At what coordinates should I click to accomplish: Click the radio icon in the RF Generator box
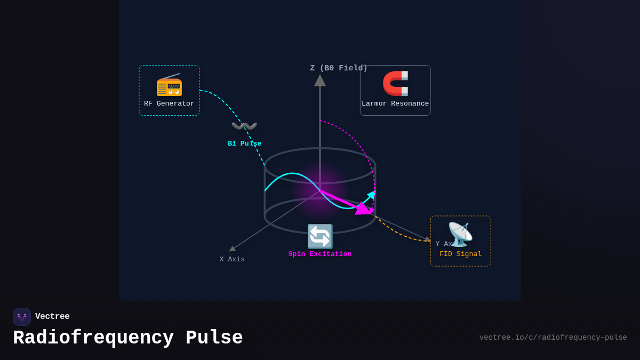point(169,85)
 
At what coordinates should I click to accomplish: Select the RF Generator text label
point(169,103)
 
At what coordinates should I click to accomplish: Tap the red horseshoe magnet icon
point(395,83)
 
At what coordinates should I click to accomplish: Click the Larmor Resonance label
point(395,103)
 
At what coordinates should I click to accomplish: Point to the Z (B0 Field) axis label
point(339,68)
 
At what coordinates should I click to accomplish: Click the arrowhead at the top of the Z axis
point(320,81)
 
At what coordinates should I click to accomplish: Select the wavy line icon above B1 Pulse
point(244,126)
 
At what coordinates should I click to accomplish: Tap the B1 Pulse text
point(244,143)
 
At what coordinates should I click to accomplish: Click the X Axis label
point(232,259)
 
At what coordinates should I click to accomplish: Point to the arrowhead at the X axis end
point(232,249)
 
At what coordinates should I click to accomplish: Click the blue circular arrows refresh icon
point(320,236)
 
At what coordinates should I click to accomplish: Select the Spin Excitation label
point(320,254)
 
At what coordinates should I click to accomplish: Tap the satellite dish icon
point(460,234)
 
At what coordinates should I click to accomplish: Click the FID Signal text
point(460,254)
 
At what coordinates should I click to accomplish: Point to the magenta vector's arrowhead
point(363,209)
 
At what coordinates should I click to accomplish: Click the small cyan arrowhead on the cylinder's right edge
point(372,195)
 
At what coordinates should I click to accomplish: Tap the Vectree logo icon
point(22,317)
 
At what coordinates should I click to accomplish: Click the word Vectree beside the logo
point(52,316)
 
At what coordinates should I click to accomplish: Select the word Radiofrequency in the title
point(93,338)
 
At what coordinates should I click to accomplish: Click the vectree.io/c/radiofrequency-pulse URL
point(553,338)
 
